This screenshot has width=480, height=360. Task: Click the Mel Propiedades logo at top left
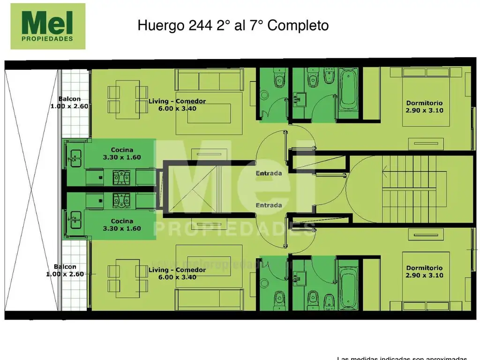(x=48, y=26)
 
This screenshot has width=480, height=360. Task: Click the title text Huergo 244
(x=233, y=25)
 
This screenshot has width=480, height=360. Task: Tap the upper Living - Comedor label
(x=177, y=105)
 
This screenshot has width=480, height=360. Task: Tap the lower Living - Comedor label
(x=177, y=273)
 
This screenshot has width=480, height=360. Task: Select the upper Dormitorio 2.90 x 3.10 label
(x=424, y=107)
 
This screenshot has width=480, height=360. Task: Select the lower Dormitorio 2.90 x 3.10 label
(x=424, y=272)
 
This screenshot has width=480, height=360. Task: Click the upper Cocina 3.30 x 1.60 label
(x=122, y=154)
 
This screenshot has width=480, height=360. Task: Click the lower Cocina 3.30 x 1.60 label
(x=122, y=225)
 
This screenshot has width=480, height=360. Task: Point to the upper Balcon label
(x=69, y=102)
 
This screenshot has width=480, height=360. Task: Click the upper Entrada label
(x=269, y=173)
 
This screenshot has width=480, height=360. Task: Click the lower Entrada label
(x=269, y=205)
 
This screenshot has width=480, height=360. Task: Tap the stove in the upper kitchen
(x=121, y=177)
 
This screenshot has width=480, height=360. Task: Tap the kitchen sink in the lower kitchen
(x=75, y=218)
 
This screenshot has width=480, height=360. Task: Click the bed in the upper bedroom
(x=426, y=96)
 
